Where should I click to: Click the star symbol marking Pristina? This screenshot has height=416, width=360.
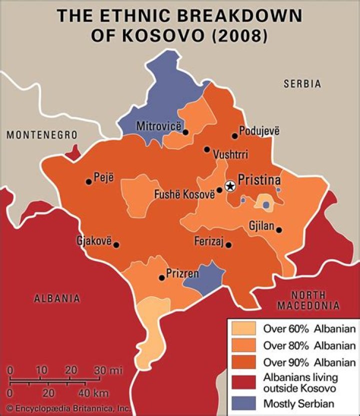(x=230, y=186)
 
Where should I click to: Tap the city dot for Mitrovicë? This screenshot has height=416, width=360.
(x=185, y=132)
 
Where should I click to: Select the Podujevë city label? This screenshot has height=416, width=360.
(x=259, y=131)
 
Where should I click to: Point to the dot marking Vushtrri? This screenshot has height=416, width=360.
(x=207, y=149)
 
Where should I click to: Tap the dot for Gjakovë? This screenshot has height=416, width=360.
(x=116, y=245)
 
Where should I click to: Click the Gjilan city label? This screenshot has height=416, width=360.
(x=261, y=226)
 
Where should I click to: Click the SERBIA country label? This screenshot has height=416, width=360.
(x=302, y=84)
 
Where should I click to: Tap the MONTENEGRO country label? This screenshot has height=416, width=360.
(x=42, y=135)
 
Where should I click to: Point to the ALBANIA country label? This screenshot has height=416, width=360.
(x=56, y=298)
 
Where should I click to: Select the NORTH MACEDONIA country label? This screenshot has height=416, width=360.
(x=308, y=300)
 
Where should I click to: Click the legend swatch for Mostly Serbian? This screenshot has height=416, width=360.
(x=243, y=403)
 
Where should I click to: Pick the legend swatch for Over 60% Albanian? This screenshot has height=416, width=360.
(x=243, y=329)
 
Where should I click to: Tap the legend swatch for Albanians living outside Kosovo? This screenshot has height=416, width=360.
(x=243, y=382)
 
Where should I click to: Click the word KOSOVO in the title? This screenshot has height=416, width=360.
(x=144, y=37)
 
